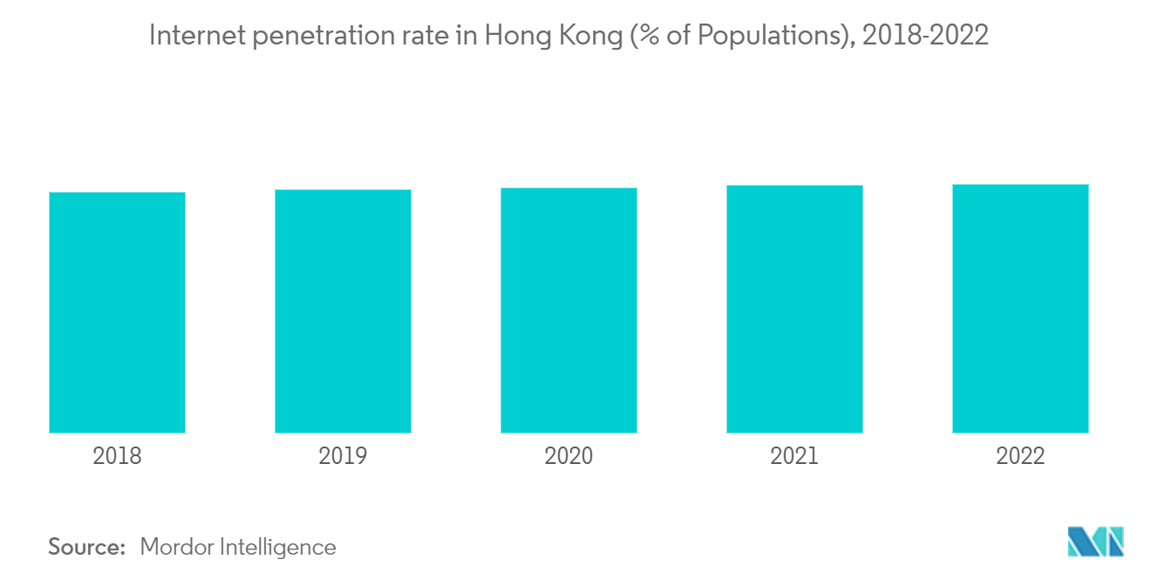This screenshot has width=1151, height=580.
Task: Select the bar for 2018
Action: tap(117, 312)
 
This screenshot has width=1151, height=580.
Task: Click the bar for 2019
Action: tap(343, 311)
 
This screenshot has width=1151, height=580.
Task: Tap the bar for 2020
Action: tap(569, 310)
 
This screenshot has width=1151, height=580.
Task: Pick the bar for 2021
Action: tap(794, 309)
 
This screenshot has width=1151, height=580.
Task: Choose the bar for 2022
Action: tap(1020, 309)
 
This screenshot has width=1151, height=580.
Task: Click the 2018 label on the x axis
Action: tap(117, 456)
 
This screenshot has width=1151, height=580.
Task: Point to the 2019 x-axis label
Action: tap(343, 456)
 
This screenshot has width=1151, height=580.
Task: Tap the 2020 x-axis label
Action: tap(569, 456)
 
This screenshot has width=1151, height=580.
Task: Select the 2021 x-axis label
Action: tap(794, 456)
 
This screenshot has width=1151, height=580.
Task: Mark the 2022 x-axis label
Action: tap(1020, 456)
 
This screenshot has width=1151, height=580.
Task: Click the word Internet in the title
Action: tap(190, 37)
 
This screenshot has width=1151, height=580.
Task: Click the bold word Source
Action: tap(87, 547)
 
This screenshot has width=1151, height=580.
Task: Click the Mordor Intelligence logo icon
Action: tap(1095, 542)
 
